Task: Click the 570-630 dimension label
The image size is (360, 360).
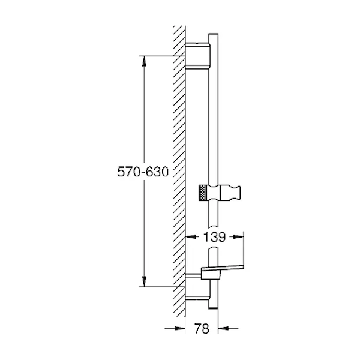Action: coord(143,172)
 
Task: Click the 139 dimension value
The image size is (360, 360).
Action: coord(215,237)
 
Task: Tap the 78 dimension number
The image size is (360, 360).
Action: coord(202,329)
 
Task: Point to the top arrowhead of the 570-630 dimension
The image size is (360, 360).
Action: coord(144,61)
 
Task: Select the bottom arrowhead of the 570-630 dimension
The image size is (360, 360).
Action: coord(144,281)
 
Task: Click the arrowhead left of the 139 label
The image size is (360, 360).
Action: coord(191,237)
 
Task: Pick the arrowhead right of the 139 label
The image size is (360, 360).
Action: coord(238,237)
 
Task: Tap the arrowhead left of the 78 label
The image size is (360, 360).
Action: coord(180,329)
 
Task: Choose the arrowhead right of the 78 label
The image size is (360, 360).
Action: coord(223,329)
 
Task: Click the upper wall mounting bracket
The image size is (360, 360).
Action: coord(197,56)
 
